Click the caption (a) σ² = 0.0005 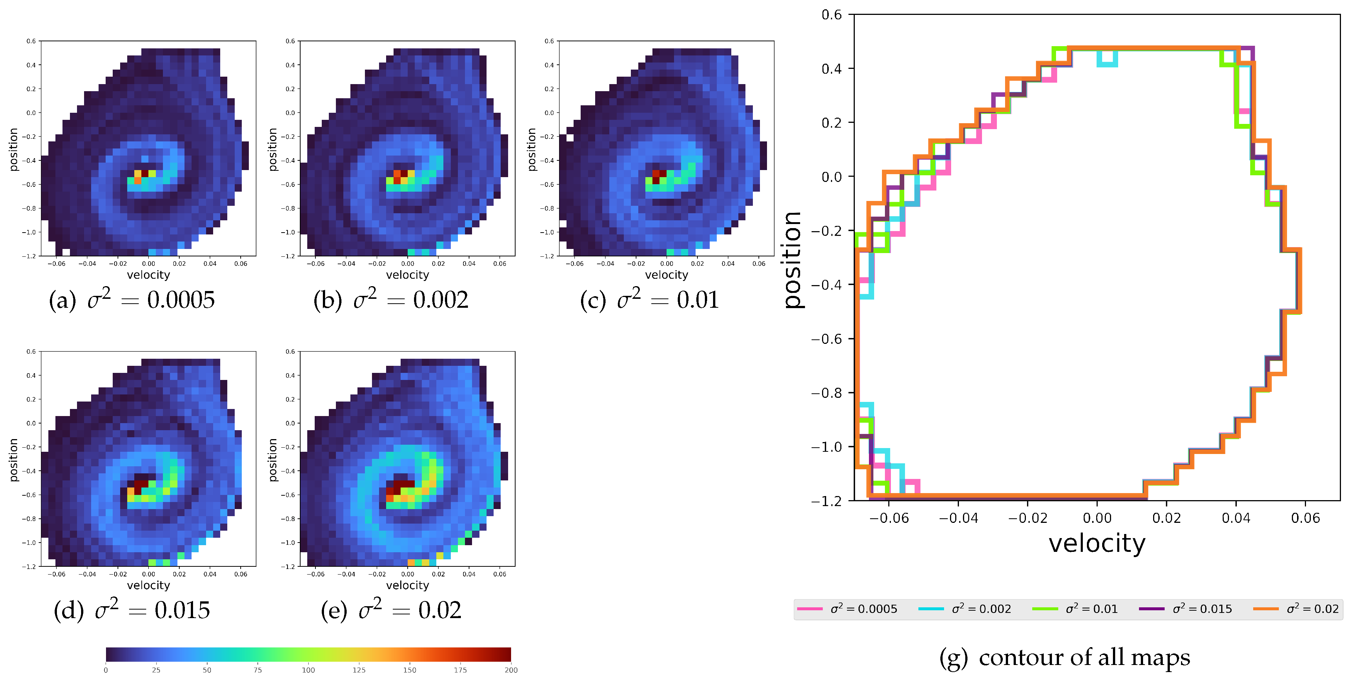pyautogui.click(x=132, y=300)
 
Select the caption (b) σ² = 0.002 pyautogui.click(x=391, y=300)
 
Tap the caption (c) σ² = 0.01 pyautogui.click(x=649, y=300)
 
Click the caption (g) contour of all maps pyautogui.click(x=1065, y=658)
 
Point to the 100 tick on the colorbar pyautogui.click(x=308, y=670)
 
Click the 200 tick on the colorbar pyautogui.click(x=511, y=670)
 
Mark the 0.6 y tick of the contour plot pyautogui.click(x=831, y=15)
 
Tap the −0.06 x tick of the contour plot pyautogui.click(x=889, y=518)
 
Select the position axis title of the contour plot pyautogui.click(x=793, y=260)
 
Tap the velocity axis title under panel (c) pyautogui.click(x=667, y=275)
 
